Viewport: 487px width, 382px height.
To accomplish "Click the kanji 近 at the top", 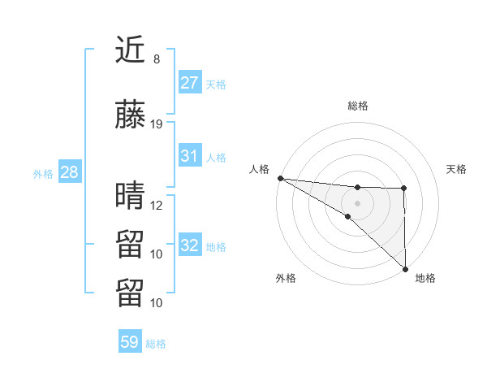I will [x=130, y=50].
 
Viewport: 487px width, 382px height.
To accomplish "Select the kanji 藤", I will [x=130, y=115].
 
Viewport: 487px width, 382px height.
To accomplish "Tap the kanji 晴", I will [x=130, y=196].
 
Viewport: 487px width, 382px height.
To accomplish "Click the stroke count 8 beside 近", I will [x=157, y=59].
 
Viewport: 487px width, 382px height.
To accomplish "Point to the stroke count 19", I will [x=157, y=124].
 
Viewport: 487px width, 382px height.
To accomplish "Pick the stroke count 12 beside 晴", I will [x=157, y=205].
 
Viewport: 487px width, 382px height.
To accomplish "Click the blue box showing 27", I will [x=190, y=82].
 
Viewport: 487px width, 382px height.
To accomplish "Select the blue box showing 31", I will [x=190, y=156].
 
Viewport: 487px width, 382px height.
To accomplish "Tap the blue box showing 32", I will [x=190, y=245].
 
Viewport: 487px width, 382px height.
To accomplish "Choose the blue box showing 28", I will [x=68, y=172].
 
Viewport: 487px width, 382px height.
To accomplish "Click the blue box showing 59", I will [x=130, y=342].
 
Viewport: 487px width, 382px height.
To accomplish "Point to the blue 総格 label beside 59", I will [x=156, y=344].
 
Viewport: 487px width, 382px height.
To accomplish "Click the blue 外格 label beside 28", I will [x=42, y=173].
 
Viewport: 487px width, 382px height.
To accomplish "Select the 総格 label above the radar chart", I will [x=357, y=106].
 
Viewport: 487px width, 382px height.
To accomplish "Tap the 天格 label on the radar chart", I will [x=457, y=169].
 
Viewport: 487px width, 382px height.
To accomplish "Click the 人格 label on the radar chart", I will [x=259, y=169].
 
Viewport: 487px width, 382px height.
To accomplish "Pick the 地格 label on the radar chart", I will [x=425, y=278].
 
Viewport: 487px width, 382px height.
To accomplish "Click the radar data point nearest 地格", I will [x=404, y=269].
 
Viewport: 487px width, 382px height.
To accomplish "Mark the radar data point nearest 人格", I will [x=280, y=177].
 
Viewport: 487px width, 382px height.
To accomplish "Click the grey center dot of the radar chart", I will [x=357, y=201].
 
